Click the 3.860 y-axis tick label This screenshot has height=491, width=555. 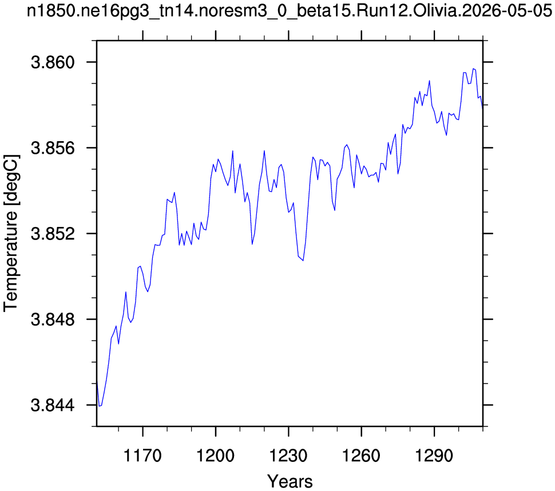click(x=53, y=62)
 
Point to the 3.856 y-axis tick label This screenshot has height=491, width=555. click(x=53, y=148)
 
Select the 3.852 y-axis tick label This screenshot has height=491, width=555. click(x=53, y=234)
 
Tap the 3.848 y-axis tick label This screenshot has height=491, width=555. click(x=53, y=320)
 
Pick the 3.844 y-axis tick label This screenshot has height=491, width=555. click(x=53, y=405)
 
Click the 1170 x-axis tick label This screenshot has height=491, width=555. click(x=142, y=456)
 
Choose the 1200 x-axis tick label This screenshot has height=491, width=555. click(x=216, y=456)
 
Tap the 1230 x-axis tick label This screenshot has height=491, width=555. click(x=288, y=456)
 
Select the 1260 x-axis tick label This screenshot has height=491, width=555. click(x=362, y=456)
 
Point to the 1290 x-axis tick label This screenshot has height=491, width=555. click(x=434, y=456)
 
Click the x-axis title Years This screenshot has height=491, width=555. click(x=290, y=481)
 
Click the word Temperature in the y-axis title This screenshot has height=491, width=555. click(x=11, y=261)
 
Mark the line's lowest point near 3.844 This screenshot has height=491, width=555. click(x=100, y=406)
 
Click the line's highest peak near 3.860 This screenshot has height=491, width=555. click(x=473, y=69)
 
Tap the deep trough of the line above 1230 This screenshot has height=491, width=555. click(x=303, y=261)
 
